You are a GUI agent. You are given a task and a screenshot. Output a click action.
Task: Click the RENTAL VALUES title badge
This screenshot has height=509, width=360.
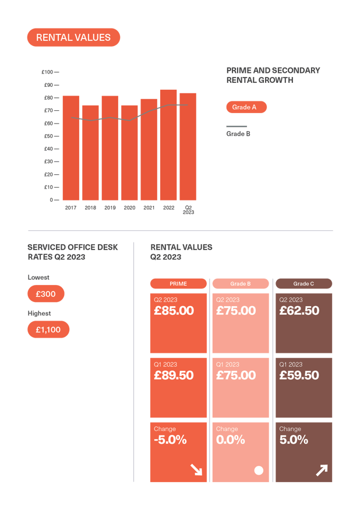click(x=73, y=37)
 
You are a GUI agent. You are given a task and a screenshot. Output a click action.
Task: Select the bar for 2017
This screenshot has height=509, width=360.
click(x=71, y=148)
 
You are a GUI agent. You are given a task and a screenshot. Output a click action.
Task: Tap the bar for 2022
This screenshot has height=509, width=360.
click(x=168, y=145)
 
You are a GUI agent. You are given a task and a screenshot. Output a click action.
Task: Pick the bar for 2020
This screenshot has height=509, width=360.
click(x=129, y=152)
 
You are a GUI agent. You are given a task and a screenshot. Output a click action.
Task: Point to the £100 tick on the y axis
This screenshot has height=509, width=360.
click(x=48, y=72)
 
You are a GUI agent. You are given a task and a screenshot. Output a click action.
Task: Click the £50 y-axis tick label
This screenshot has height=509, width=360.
click(x=48, y=136)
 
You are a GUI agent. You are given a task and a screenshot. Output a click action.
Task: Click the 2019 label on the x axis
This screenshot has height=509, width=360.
click(x=110, y=208)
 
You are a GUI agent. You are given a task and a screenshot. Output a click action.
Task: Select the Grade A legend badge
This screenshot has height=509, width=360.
click(x=246, y=107)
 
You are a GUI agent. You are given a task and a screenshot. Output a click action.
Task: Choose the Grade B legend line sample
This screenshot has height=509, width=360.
click(x=237, y=127)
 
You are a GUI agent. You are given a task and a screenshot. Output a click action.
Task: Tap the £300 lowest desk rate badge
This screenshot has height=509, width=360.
click(x=45, y=294)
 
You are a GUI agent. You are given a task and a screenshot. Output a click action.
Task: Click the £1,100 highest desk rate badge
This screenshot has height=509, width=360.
click(x=48, y=329)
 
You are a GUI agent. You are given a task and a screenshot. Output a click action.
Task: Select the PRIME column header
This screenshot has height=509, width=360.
click(x=178, y=284)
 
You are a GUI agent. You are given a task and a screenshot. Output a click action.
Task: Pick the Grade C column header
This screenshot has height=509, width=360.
click(x=303, y=284)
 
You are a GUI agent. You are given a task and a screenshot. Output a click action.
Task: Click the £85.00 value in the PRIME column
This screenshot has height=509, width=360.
click(x=174, y=311)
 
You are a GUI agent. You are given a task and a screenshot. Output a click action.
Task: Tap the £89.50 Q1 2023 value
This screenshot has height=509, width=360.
click(x=174, y=375)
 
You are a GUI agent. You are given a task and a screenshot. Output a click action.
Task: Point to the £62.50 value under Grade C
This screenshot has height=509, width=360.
click(x=299, y=311)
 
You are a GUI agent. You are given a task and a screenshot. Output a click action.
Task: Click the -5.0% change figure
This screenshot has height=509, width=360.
click(x=170, y=440)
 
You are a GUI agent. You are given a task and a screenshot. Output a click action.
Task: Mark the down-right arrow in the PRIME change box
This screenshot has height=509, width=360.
click(x=196, y=470)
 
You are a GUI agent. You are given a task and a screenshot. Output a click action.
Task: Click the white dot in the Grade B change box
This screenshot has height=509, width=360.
click(x=259, y=470)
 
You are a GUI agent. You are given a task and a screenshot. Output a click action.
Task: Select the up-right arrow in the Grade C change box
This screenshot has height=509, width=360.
click(x=322, y=470)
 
